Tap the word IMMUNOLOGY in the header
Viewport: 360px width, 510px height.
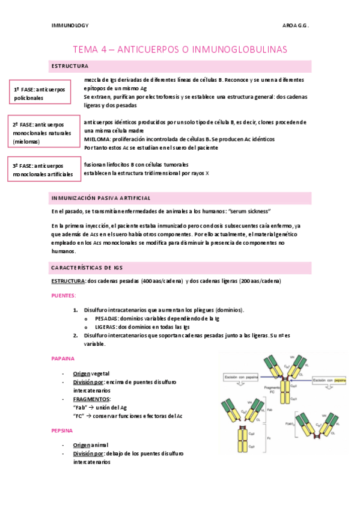[x=69, y=26]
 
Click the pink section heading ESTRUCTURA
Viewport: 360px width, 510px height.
[x=70, y=66]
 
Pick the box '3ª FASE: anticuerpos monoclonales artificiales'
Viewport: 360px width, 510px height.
[x=44, y=170]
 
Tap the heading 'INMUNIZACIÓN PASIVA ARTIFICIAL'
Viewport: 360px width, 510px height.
[x=100, y=198]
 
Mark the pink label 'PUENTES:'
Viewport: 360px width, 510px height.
[x=64, y=296]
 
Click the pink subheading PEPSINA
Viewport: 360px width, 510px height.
[x=63, y=431]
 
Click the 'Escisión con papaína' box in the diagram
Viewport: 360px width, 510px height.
[x=240, y=377]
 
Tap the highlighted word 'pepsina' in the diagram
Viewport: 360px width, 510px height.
[x=340, y=381]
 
